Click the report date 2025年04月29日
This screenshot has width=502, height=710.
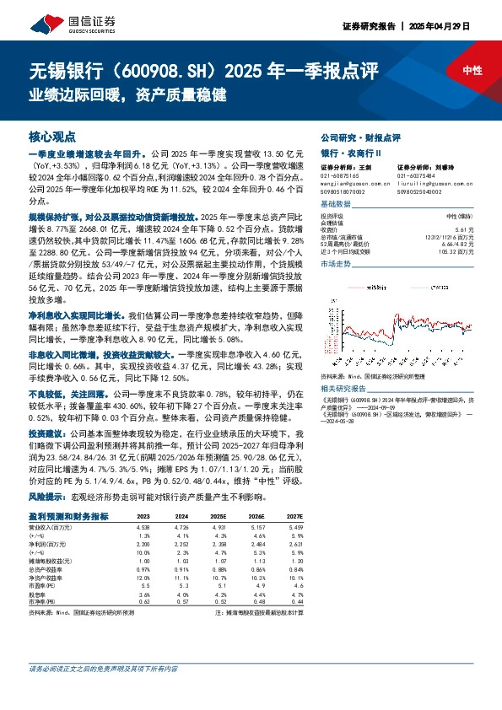(x=460, y=26)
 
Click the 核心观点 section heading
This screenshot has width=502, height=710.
(x=52, y=136)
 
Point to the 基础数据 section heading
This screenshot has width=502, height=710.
(x=337, y=205)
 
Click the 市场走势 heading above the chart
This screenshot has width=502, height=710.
(x=337, y=264)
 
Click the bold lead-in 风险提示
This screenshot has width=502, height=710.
(x=47, y=497)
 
